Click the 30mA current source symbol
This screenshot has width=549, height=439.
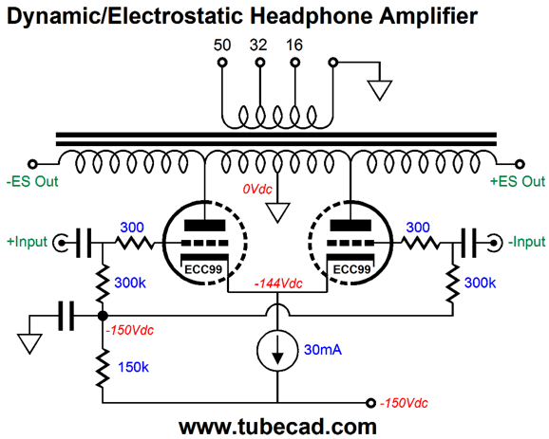click(x=277, y=350)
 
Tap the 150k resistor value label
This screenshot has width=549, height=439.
click(x=133, y=367)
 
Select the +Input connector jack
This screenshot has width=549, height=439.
click(x=61, y=242)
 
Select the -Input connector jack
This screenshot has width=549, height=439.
click(x=494, y=242)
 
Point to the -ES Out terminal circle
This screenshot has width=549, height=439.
click(x=32, y=164)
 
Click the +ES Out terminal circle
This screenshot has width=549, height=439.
click(x=521, y=164)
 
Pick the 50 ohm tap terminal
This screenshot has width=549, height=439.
click(x=222, y=63)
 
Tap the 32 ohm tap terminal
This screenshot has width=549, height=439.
click(x=259, y=63)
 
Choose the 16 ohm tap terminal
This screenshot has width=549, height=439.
click(x=295, y=63)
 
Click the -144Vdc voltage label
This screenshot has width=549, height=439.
click(x=278, y=284)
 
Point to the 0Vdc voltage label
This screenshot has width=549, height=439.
click(x=257, y=189)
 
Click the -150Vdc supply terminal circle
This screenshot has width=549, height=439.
click(x=370, y=403)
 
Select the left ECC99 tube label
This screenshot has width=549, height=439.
click(x=203, y=269)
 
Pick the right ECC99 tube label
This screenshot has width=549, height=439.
click(x=351, y=269)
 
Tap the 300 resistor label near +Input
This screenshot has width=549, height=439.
click(x=132, y=228)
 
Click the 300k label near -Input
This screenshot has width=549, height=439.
click(x=480, y=283)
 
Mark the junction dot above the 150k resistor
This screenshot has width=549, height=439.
click(x=103, y=316)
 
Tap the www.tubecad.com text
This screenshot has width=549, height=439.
click(x=277, y=427)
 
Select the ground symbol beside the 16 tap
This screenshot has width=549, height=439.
click(x=380, y=90)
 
